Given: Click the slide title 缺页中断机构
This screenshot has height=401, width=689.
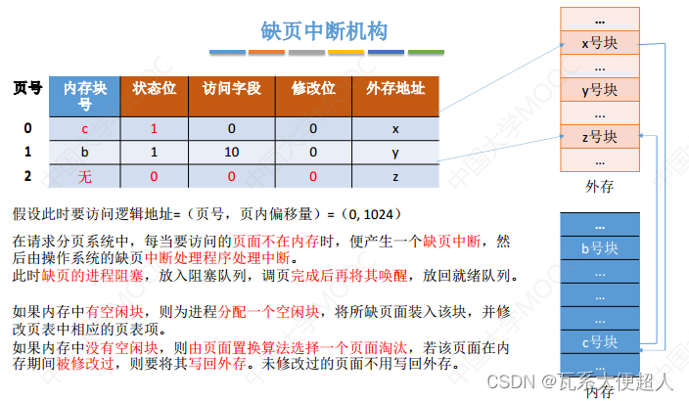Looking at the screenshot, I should coord(324,31).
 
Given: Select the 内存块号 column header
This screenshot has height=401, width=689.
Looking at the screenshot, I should coord(85,95).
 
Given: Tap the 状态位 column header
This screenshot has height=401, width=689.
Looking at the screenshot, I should coord(154,88).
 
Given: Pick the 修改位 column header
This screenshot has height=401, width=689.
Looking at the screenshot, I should coord(313,88).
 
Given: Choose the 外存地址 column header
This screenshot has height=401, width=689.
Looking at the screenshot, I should coord(394,88).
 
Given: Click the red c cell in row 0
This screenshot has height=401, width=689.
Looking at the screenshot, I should coord(85,128).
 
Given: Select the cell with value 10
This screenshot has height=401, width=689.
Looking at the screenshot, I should coord(231,152).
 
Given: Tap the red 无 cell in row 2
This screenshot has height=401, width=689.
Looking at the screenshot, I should coord(85,176).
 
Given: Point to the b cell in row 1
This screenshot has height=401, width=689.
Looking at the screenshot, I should coord(85,152).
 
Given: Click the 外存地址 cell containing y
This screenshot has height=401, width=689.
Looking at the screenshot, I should coord(394,152).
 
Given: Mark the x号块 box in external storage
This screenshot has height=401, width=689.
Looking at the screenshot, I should coord(599,43).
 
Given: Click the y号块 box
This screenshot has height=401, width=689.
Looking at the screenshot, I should coord(599,90).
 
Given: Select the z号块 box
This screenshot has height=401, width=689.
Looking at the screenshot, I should coord(599,137).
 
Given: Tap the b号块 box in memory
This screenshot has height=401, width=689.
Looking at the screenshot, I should coord(599,248).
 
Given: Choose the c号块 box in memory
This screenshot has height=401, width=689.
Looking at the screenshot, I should coord(599,341).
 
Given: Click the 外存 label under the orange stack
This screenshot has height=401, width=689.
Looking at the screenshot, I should coord(599,186).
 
